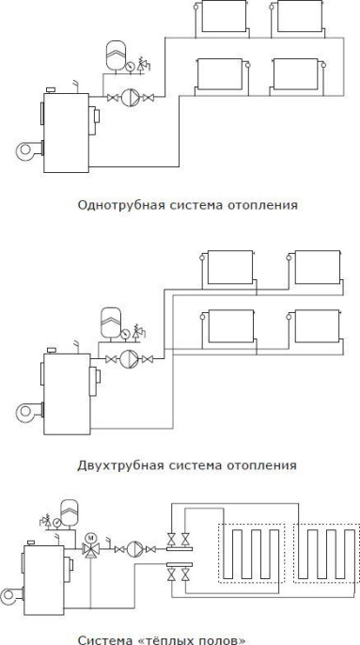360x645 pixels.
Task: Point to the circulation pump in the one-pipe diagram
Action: click(134, 98)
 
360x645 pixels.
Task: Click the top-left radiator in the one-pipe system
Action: click(221, 16)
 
